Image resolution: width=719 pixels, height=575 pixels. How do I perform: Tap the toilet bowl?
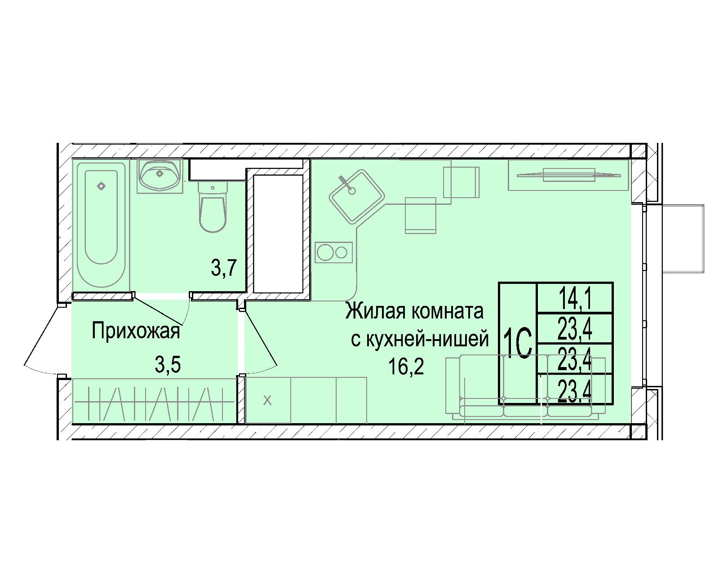(213, 207)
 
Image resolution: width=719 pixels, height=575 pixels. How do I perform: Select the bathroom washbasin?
(160, 176)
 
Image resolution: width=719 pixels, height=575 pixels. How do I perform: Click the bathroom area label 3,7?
(224, 268)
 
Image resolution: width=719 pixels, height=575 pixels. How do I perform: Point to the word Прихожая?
(136, 331)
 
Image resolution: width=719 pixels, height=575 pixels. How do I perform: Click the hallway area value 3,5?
(168, 364)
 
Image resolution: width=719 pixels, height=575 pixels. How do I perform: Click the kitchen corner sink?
(357, 196)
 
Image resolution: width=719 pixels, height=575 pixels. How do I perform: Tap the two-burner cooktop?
(333, 252)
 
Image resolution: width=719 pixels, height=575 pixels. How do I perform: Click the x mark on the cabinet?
(267, 400)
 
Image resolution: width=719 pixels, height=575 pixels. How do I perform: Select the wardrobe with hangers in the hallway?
(154, 401)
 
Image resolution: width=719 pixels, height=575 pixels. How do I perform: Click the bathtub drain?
(101, 186)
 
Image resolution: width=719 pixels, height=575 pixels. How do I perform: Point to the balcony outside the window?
(683, 239)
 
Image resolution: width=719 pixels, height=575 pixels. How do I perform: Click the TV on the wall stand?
(568, 175)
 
